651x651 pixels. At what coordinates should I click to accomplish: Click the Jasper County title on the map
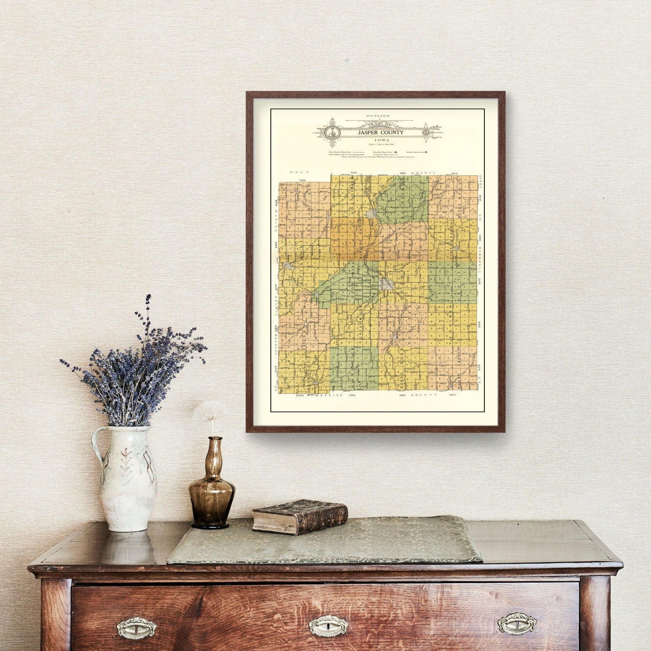coord(380,132)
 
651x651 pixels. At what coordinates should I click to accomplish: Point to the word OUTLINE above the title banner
coord(378,116)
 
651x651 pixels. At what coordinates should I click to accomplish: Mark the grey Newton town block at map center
coord(388,284)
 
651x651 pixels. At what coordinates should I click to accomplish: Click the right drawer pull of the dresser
coord(517,624)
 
